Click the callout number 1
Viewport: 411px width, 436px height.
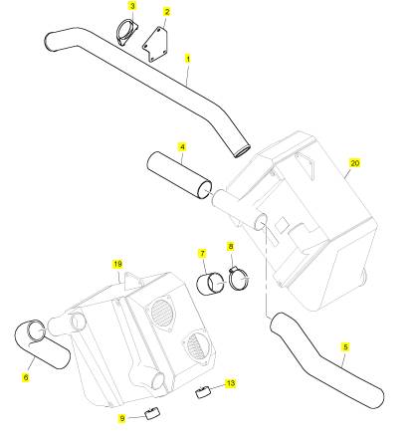tap(188, 59)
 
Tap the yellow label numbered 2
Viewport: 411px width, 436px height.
tap(167, 12)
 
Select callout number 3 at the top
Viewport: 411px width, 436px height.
tap(132, 6)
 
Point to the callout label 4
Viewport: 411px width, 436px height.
tap(182, 146)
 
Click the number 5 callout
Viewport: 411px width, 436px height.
tap(345, 347)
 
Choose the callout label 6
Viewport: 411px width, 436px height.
tap(26, 377)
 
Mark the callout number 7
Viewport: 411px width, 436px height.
tap(202, 254)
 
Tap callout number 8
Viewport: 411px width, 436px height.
tap(231, 246)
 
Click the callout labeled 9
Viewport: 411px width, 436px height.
tap(122, 418)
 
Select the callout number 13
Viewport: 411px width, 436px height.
tap(230, 383)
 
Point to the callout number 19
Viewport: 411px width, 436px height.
tap(117, 264)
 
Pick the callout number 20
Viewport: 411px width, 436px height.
tap(354, 163)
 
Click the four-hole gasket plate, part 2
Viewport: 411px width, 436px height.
tap(155, 45)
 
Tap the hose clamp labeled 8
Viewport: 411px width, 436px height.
tap(238, 278)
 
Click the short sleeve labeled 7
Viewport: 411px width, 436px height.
tap(210, 284)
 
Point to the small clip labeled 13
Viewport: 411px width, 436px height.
tap(202, 392)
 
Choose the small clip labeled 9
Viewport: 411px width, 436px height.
tap(152, 413)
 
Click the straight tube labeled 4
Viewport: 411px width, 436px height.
tap(179, 175)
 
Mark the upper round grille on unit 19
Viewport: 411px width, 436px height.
tap(160, 310)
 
